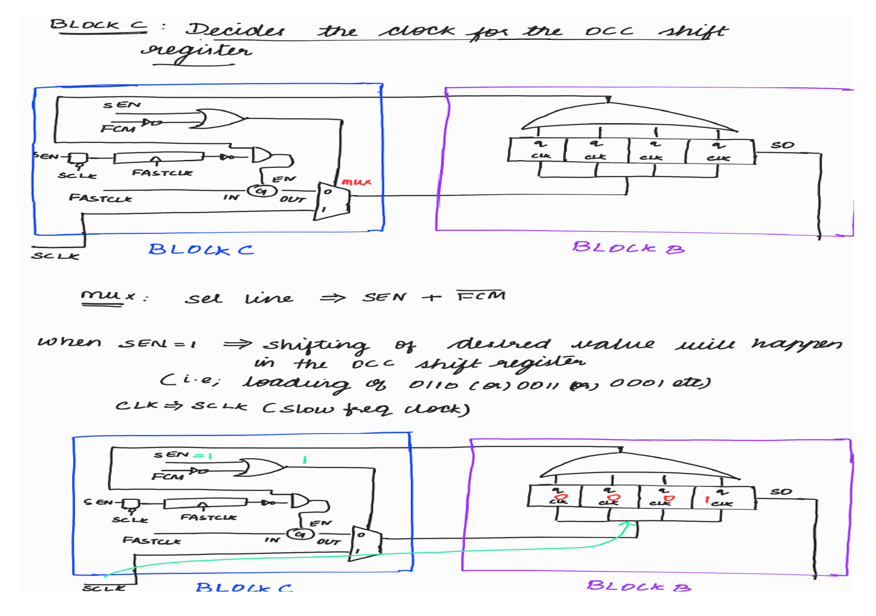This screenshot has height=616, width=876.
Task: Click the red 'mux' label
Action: click(x=357, y=182)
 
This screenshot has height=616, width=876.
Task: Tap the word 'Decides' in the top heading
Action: click(x=236, y=30)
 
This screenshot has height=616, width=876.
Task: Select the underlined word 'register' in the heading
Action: click(x=196, y=51)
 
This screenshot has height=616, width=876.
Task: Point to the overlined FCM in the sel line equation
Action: click(x=481, y=295)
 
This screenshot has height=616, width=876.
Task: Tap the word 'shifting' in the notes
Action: click(x=316, y=345)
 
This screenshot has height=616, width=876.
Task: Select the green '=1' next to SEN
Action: click(x=203, y=455)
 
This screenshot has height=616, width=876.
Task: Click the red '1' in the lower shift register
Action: click(x=707, y=499)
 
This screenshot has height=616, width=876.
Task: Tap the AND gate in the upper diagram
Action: click(x=262, y=155)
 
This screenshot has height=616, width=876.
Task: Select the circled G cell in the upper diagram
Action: click(x=261, y=191)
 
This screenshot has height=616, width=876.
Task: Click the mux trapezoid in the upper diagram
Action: click(x=332, y=201)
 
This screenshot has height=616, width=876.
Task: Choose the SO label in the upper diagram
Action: click(x=782, y=145)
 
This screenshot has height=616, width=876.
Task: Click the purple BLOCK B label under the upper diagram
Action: click(x=628, y=248)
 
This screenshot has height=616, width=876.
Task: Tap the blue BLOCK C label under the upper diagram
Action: click(x=201, y=249)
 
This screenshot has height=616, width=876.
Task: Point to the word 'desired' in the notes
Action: click(x=499, y=344)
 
